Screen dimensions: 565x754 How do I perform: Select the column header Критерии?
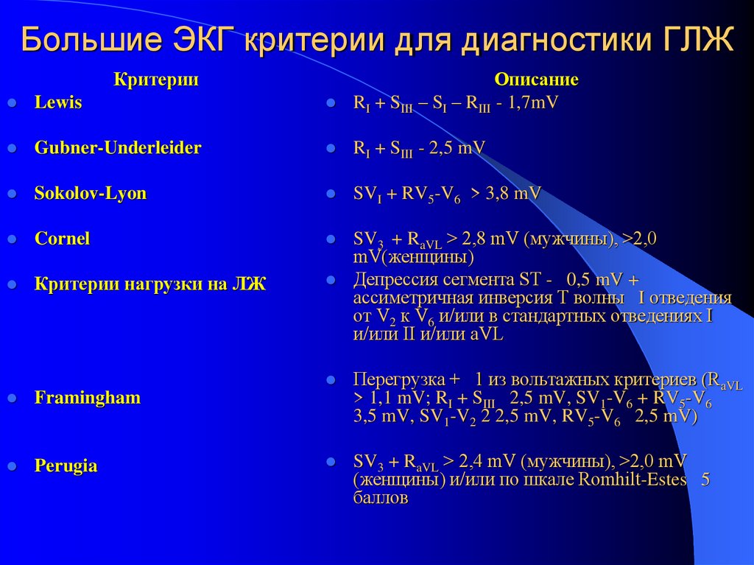coord(156,80)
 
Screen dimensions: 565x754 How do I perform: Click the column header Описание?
coord(536,80)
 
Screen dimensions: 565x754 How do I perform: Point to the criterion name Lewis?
coord(58,103)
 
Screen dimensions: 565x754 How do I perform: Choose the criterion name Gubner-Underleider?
coord(118,148)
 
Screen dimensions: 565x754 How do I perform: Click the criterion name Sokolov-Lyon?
coord(91,194)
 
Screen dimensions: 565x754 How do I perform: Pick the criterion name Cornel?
coord(63,239)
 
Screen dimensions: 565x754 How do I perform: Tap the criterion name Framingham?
coord(88,398)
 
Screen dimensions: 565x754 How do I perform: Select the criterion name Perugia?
coord(66,466)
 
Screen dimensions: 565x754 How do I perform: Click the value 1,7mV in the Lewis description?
coord(532,103)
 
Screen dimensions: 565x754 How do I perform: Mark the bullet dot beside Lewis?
coord(12,104)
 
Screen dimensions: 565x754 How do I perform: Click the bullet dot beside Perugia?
coord(12,467)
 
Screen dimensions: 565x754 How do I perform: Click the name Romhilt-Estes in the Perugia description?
coord(633,480)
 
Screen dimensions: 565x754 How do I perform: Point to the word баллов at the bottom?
coord(380,498)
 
